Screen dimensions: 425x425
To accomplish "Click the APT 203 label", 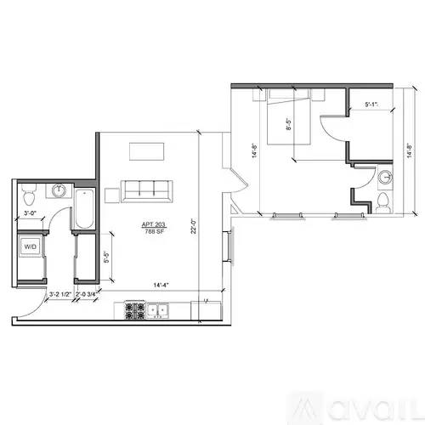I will tap(154, 224).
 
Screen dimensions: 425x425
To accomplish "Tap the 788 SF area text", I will tap(154, 231).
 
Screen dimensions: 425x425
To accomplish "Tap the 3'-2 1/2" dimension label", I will tap(59, 294).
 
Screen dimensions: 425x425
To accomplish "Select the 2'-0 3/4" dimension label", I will tap(86, 294).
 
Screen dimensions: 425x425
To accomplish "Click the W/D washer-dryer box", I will tap(30, 246).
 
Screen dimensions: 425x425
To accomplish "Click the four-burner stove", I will tap(133, 310).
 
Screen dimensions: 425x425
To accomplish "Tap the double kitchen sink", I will tap(157, 311).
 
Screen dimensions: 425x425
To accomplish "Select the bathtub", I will tap(84, 210).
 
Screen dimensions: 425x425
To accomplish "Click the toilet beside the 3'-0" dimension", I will tap(28, 190).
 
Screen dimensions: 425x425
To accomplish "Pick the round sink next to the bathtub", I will tap(59, 190).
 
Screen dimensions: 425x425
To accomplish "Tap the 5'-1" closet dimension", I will tap(371, 105).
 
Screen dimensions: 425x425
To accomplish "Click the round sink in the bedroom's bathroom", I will tap(385, 178).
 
